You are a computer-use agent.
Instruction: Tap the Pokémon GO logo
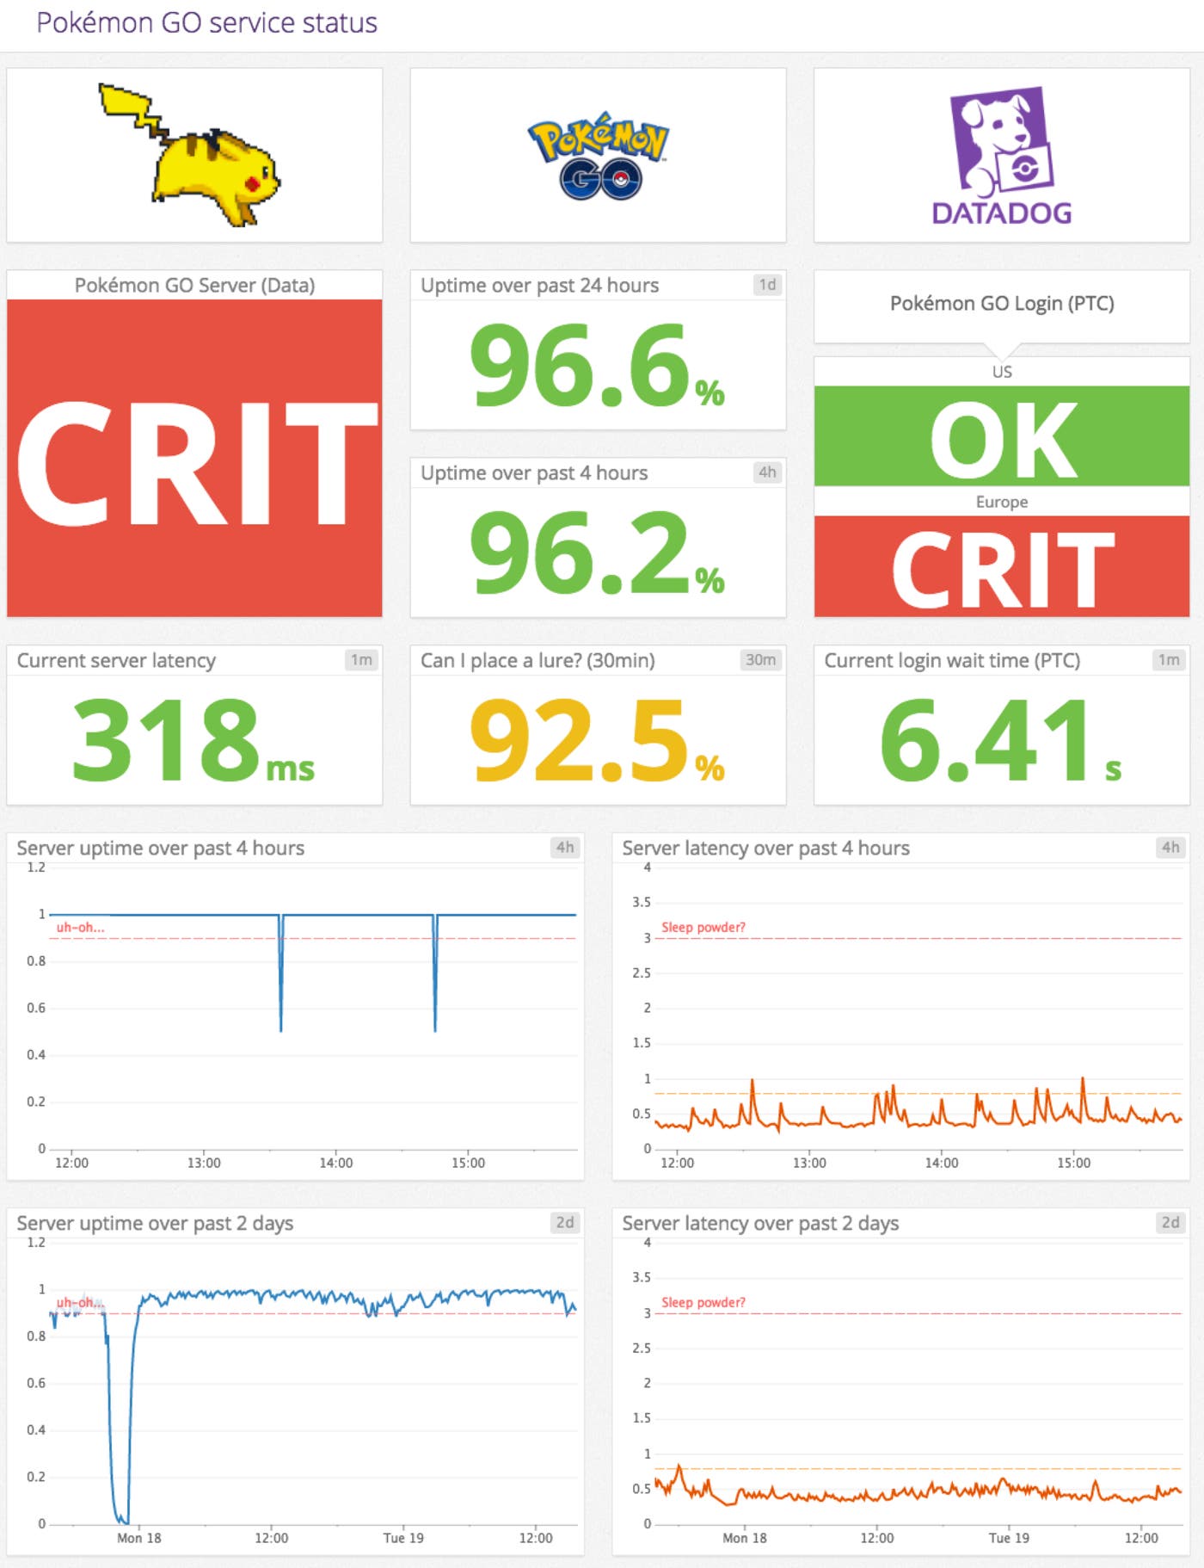[599, 156]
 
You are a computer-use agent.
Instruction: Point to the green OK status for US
[1002, 437]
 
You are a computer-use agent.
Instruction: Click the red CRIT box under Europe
[1002, 567]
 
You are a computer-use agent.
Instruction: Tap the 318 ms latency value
[193, 740]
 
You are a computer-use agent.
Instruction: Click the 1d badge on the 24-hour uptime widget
[767, 285]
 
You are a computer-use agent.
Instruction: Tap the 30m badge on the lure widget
[760, 660]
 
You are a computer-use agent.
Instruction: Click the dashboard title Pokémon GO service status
[206, 22]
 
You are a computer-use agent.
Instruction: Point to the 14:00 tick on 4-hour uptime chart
[335, 1163]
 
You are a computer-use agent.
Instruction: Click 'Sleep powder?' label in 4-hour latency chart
[703, 927]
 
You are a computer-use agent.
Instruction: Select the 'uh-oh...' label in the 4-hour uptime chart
[80, 927]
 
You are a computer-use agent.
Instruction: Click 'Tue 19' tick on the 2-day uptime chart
[403, 1538]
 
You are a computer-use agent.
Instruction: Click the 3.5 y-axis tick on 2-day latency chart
[642, 1277]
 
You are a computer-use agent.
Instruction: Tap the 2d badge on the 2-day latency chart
[1170, 1222]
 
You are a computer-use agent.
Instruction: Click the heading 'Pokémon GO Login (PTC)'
[1002, 303]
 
